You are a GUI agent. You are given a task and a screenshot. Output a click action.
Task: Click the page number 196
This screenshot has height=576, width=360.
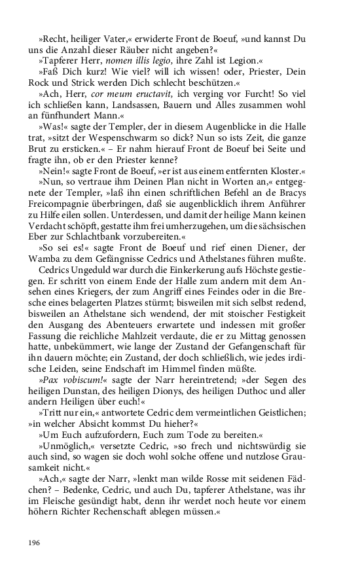pyautogui.click(x=34, y=543)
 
